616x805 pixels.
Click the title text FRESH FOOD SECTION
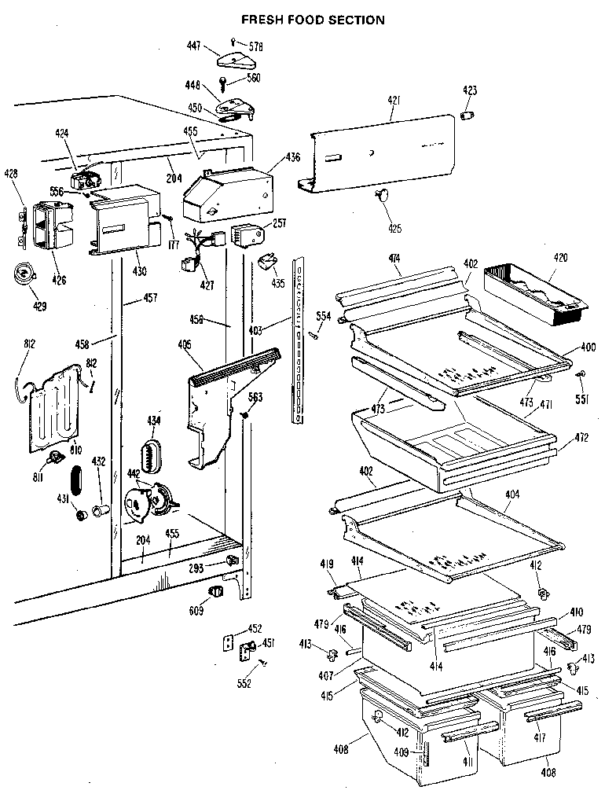pos(313,20)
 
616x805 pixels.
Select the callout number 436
pos(292,156)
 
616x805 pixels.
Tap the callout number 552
pos(244,684)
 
